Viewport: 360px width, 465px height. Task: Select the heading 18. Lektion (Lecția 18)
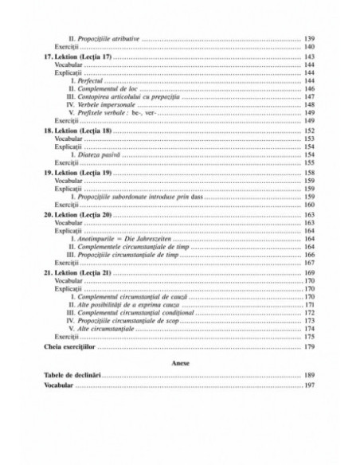tap(77, 130)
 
